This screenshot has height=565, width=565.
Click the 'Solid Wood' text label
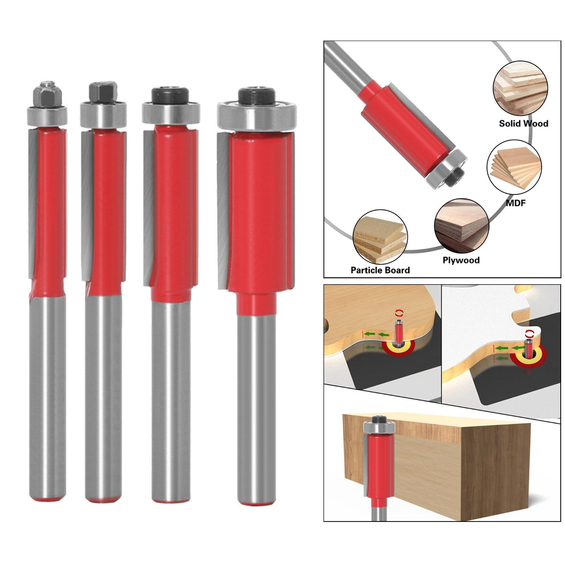click(523, 124)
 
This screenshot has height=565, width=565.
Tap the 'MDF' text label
click(516, 203)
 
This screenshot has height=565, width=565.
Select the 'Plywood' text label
click(461, 260)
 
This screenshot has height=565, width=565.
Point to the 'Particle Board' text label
click(380, 270)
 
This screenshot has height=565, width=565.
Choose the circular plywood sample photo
click(462, 226)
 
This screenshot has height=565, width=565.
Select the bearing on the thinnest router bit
click(47, 115)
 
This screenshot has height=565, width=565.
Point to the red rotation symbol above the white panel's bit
click(530, 333)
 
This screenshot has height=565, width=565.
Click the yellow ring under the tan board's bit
click(399, 348)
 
